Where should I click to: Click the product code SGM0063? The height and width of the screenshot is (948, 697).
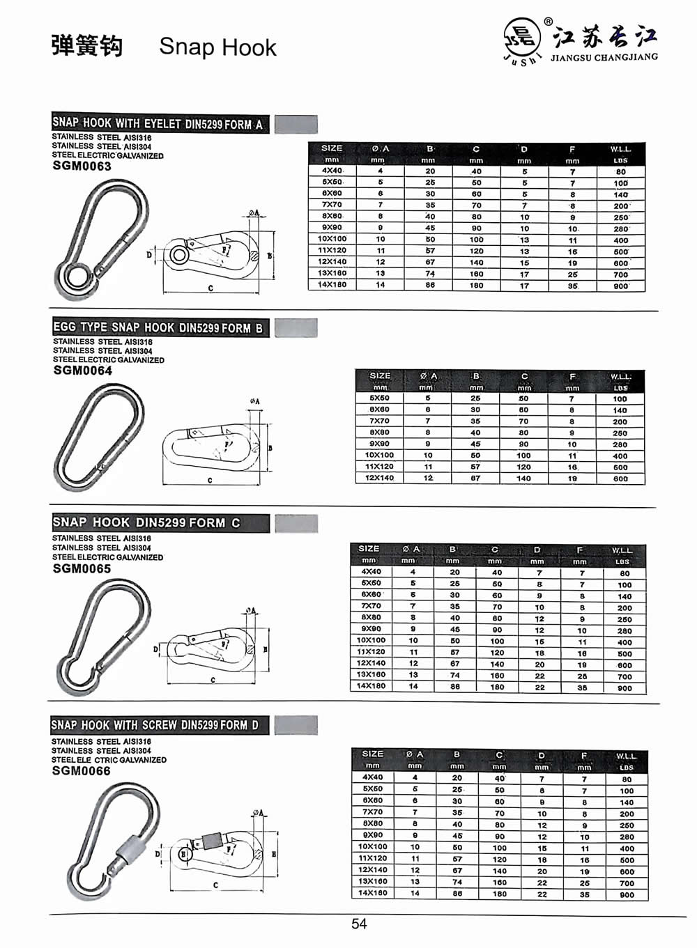point(82,166)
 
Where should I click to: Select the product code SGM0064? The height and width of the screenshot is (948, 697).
point(82,371)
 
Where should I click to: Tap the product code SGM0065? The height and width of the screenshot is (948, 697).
point(81,568)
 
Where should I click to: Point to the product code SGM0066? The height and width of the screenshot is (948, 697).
point(81,770)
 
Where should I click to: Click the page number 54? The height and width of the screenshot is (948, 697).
point(359,924)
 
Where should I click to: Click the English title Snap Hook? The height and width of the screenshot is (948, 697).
point(217,47)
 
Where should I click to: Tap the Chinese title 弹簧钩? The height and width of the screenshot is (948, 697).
point(87,46)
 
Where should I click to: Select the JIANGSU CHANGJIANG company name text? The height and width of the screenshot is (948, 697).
point(604,57)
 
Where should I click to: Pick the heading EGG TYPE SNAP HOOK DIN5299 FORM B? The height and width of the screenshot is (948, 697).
point(159,327)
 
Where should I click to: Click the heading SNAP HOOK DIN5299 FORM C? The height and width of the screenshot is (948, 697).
point(147,522)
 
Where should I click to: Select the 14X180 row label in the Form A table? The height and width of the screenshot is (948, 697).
point(332,285)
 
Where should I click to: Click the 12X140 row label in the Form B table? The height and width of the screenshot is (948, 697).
point(379,479)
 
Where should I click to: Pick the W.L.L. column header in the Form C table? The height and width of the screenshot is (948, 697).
point(622,550)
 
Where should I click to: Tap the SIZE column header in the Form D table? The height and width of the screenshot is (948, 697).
point(372,754)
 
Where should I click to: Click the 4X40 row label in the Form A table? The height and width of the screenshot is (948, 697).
point(332,171)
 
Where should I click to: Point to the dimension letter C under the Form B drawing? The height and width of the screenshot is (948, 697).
point(210,481)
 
